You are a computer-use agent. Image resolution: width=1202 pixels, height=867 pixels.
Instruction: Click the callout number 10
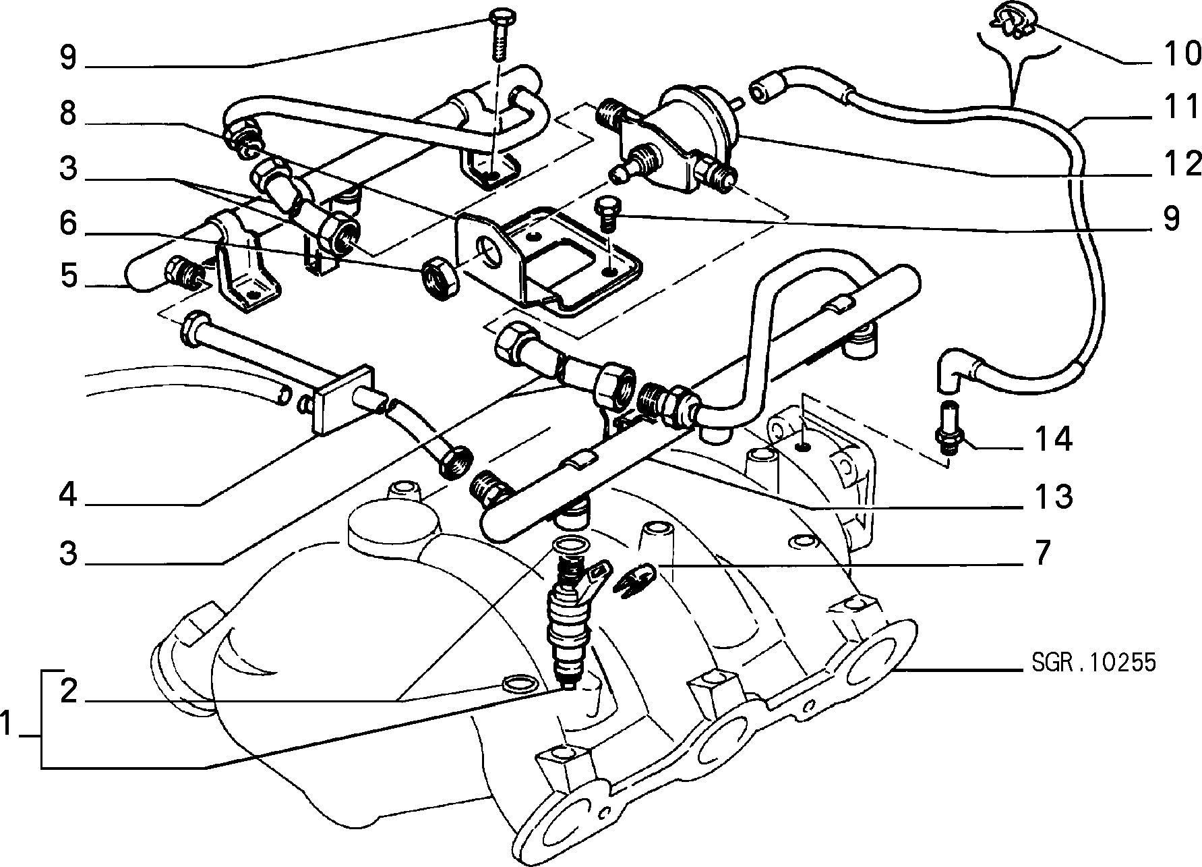pos(1179,54)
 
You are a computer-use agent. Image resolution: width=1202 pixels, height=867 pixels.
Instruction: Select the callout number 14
pos(1054,440)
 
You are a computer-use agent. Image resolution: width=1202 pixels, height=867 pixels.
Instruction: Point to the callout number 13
pos(1054,497)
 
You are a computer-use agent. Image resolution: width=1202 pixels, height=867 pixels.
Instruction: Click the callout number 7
pos(1042,553)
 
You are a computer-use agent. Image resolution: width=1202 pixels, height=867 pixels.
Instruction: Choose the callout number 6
pos(68,223)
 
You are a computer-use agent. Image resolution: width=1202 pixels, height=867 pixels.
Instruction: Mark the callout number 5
pos(68,276)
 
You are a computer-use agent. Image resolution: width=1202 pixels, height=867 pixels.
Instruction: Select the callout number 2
pos(68,690)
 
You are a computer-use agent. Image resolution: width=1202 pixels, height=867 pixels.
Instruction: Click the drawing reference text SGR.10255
pos(1093,662)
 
